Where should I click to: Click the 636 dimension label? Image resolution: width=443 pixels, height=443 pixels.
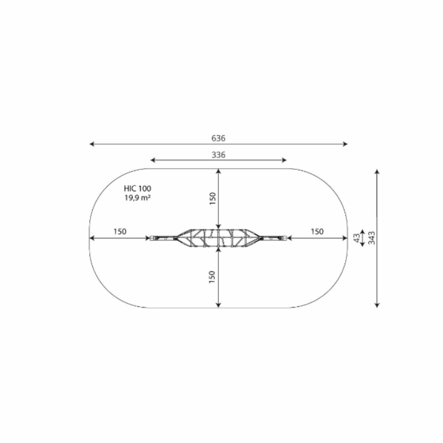(219, 138)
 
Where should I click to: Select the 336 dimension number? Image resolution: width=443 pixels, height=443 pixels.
(219, 155)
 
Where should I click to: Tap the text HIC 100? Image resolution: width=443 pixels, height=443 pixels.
(137, 189)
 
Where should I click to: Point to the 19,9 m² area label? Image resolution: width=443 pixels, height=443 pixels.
(137, 198)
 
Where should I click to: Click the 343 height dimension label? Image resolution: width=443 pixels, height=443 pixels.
(372, 238)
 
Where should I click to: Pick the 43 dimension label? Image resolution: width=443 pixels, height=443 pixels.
(357, 238)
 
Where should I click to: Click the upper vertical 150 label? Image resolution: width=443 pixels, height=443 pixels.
(213, 199)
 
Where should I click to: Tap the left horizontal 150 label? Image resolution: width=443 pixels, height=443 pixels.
(120, 232)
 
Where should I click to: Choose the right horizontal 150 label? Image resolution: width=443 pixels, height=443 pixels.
(317, 232)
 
